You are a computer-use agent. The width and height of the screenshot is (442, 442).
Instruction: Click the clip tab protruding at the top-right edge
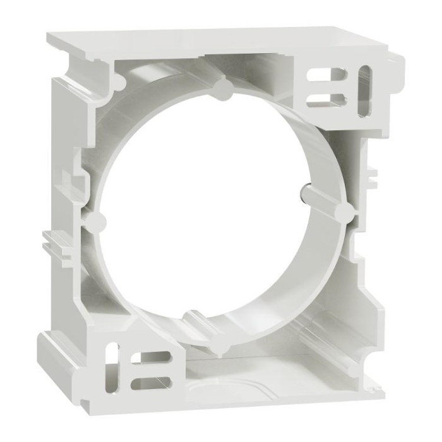tap(395, 63)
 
